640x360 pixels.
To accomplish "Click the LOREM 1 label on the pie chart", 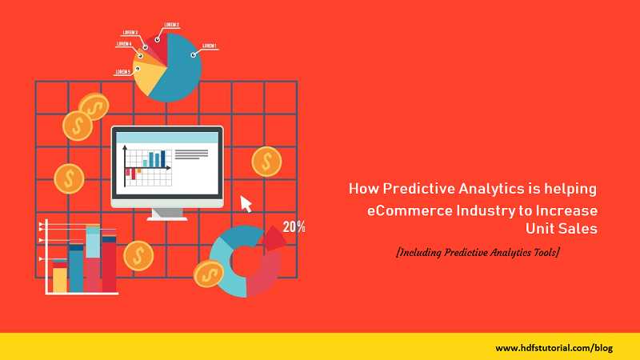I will (210, 46).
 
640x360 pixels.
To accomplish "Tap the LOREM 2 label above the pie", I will (171, 26).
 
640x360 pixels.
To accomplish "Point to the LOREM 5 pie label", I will (122, 72).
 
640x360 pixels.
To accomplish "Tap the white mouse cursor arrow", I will (246, 204).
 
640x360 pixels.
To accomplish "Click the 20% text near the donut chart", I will (294, 227).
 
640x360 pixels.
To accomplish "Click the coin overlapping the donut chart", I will (209, 274).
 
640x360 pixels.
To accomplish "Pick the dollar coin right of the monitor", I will (266, 162).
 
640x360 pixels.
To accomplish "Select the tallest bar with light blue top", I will (94, 260).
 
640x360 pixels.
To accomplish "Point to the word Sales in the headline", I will (578, 230).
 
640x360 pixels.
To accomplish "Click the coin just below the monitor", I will (138, 255).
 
